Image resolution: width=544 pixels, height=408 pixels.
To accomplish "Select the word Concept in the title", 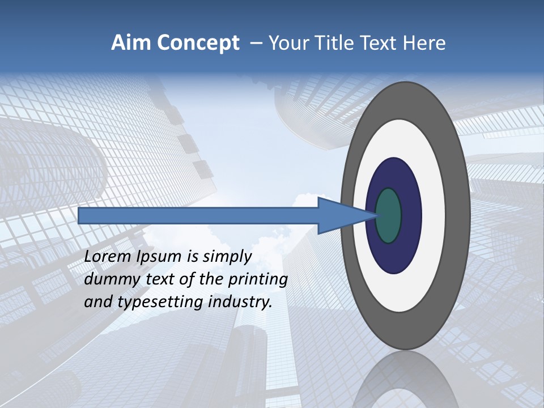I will tap(198, 44).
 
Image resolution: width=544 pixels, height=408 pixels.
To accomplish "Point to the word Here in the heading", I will tap(425, 43).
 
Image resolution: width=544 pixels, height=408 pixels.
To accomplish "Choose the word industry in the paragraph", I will tap(240, 303).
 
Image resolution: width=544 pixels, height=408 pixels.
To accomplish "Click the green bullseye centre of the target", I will tap(389, 215).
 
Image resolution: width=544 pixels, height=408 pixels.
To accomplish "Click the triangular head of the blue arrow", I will tap(340, 215).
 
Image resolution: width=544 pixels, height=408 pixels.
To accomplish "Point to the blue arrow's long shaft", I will tap(198, 215).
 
